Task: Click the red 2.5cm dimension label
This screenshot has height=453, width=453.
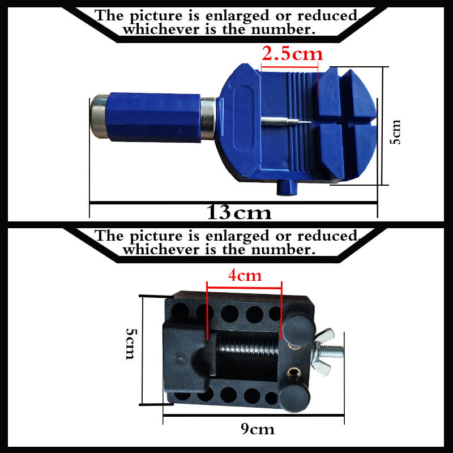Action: [292, 54]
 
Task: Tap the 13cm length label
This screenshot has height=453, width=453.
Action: [239, 213]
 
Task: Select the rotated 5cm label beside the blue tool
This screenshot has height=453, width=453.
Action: [395, 132]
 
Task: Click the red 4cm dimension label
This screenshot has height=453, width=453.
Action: [245, 275]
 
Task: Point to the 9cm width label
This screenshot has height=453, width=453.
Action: [258, 429]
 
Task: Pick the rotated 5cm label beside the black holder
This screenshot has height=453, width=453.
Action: [130, 344]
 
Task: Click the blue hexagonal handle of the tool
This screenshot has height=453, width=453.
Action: [153, 117]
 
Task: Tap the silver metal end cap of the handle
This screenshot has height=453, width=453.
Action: [99, 117]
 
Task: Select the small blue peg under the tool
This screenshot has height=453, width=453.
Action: [286, 188]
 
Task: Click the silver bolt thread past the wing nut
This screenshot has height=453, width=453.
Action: [335, 351]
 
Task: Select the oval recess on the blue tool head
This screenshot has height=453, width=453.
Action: [243, 118]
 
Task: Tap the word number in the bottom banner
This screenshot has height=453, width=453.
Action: [283, 250]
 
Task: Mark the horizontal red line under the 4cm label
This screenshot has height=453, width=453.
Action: [245, 288]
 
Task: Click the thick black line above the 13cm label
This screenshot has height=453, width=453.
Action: [233, 203]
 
